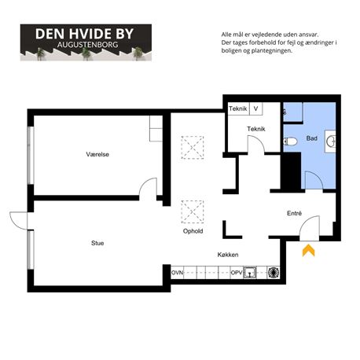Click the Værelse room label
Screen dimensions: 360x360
[x=97, y=154]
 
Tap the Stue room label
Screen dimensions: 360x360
[x=97, y=243]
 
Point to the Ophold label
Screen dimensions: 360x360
[x=193, y=231]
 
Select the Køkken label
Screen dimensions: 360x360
[x=228, y=255]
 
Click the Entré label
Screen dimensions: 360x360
[x=294, y=213]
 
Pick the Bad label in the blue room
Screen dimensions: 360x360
[x=312, y=138]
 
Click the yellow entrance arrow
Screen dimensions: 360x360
[x=309, y=250]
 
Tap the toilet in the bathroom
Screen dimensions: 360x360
[x=290, y=141]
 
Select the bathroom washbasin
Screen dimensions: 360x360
[x=331, y=141]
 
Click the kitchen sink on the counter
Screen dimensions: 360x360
[x=250, y=273]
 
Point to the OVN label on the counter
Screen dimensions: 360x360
[x=177, y=273]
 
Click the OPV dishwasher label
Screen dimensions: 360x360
[x=237, y=273]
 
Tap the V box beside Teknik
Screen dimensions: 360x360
[x=256, y=108]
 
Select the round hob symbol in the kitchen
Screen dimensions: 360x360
[x=274, y=273]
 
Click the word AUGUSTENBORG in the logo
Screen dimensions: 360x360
[x=88, y=45]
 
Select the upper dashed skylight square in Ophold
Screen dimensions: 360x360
[x=193, y=148]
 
